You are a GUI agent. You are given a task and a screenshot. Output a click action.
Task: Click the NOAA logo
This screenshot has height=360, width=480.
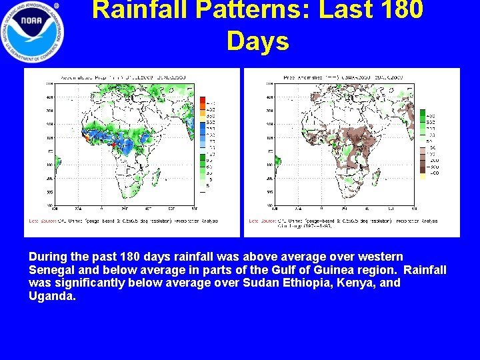(x=33, y=29)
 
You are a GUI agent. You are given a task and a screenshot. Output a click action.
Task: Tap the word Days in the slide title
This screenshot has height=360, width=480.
(x=258, y=41)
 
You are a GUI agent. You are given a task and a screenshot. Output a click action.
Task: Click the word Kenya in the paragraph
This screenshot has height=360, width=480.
(x=350, y=283)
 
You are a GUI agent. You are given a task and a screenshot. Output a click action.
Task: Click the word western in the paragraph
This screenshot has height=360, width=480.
(x=379, y=257)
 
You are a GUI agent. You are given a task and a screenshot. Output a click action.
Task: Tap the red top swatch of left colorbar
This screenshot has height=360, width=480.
(x=203, y=100)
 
